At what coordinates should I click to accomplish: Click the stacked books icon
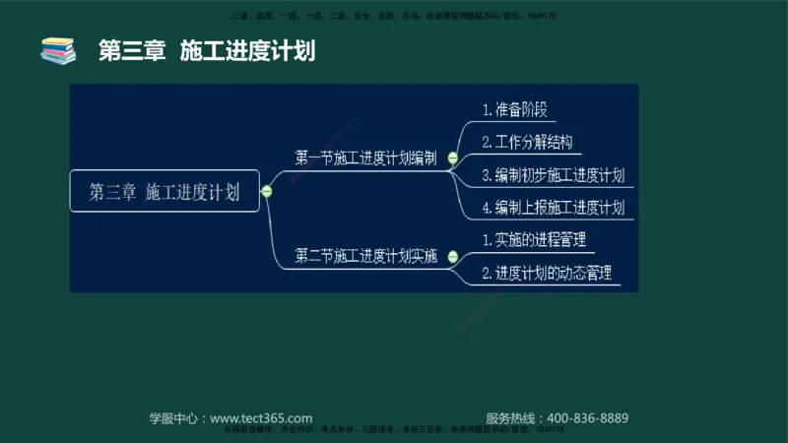coord(58,50)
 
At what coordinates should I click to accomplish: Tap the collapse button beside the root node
coord(267,192)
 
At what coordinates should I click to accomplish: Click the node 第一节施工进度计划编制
coord(365,158)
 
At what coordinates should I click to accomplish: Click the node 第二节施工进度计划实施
coord(365,256)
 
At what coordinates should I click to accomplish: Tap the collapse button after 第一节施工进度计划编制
coord(452,158)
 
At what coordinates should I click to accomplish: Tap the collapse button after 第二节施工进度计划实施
coord(452,257)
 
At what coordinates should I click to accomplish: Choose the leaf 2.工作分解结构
coord(528,143)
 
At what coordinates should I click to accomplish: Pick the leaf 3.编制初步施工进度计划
coord(553,175)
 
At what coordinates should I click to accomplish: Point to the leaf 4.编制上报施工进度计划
coord(553,208)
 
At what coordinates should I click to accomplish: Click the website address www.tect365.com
coord(261,417)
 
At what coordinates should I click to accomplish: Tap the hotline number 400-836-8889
coord(587,417)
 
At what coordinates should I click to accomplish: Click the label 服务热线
coord(513,417)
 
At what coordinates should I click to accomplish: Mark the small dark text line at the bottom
coord(394,430)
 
